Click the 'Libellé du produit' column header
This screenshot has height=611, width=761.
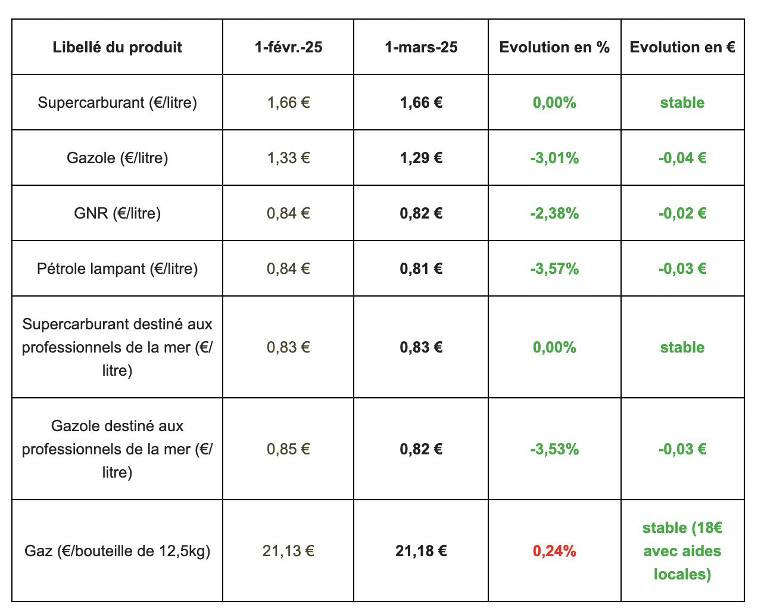117,48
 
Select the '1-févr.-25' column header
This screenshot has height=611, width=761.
288,48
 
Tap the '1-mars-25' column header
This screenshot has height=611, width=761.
421,48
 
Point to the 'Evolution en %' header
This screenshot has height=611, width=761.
554,48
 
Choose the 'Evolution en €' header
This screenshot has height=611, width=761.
682,48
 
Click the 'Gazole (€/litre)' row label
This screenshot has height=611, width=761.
117,158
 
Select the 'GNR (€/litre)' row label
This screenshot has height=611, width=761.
117,213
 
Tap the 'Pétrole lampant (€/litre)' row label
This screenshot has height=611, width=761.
117,269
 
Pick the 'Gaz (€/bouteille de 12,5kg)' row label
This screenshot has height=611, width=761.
117,551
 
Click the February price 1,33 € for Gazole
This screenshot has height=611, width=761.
288,158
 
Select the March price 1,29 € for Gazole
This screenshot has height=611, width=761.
421,158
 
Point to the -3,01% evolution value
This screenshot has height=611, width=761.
554,158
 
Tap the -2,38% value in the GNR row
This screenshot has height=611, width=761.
554,213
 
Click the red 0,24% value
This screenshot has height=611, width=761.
554,551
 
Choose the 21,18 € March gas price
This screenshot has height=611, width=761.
421,551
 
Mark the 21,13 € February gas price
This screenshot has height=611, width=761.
288,551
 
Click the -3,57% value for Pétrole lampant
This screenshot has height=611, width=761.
554,269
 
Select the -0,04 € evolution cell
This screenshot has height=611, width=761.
682,158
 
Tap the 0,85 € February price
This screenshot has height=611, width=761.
288,449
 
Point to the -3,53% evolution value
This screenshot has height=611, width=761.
554,449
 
